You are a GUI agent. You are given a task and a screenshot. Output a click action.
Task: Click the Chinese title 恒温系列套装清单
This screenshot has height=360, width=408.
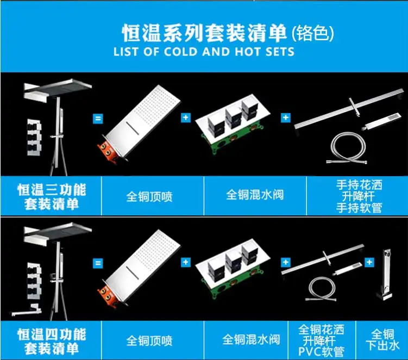204,33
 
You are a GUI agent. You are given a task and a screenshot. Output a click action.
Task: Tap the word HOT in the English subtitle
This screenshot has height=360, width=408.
247,52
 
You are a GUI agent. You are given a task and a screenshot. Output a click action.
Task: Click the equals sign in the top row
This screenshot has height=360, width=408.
98,119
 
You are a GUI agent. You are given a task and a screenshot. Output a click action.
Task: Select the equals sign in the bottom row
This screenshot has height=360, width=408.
98,263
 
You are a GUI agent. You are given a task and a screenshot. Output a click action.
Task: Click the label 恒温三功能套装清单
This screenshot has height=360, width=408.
52,197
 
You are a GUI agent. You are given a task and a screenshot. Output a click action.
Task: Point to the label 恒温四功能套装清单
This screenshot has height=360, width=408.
52,342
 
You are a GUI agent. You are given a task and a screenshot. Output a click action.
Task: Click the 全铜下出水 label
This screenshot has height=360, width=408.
382,340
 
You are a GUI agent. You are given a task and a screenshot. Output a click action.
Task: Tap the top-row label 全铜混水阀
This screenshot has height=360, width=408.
255,195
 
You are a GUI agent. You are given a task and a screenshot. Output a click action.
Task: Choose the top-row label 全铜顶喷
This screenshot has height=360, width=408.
149,197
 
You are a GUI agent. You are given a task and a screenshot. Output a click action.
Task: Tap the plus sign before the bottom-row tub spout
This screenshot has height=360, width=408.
369,262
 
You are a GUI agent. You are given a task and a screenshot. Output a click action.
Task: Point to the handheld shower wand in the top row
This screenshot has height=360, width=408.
381,121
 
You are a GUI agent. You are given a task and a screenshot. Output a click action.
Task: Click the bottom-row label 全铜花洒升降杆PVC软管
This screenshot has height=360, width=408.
322,340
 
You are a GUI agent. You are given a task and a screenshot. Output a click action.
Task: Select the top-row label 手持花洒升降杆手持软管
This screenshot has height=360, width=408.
359,196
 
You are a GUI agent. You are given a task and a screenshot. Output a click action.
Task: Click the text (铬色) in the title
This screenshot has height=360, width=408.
312,33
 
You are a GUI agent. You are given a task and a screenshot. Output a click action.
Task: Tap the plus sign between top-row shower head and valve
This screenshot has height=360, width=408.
185,117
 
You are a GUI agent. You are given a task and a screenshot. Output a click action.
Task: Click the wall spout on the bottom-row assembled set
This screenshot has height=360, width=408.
27,311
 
